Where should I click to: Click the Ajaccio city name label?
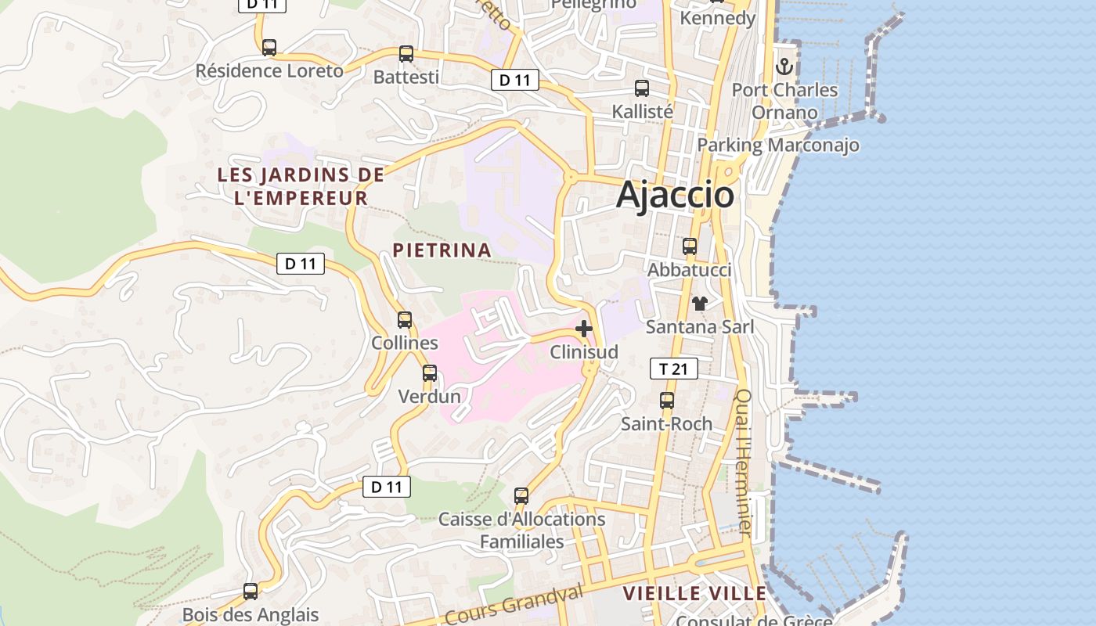675,195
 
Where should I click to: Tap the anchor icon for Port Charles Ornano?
784,67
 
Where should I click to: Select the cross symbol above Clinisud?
583,329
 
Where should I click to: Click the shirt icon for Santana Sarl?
699,304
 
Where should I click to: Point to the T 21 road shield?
673,369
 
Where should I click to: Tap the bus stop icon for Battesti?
406,54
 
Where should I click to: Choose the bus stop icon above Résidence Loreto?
269,48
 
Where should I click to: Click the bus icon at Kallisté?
642,88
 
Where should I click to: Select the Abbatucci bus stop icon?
690,246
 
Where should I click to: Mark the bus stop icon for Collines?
405,320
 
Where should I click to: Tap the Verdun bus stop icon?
430,373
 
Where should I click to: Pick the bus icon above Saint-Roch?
667,401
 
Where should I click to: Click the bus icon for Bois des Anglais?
251,592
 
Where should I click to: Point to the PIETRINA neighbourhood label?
442,250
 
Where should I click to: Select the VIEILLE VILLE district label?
694,594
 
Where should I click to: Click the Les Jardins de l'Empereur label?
301,186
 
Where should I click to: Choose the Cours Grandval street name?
517,606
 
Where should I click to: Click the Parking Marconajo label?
778,145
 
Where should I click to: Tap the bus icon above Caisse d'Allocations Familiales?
521,496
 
